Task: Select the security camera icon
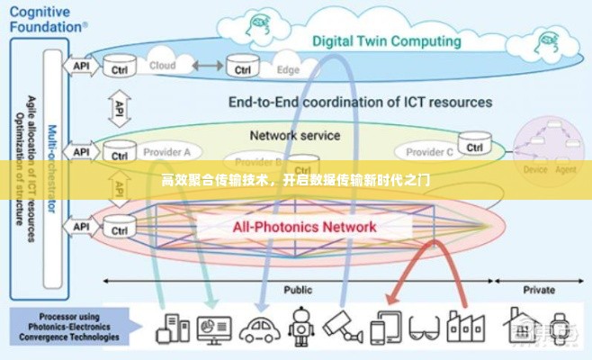point(342,326)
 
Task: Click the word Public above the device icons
point(298,290)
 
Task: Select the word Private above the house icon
point(538,290)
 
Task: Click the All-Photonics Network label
point(304,227)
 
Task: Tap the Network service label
point(295,136)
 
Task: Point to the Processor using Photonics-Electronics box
point(64,325)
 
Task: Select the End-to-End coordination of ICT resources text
point(360,103)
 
